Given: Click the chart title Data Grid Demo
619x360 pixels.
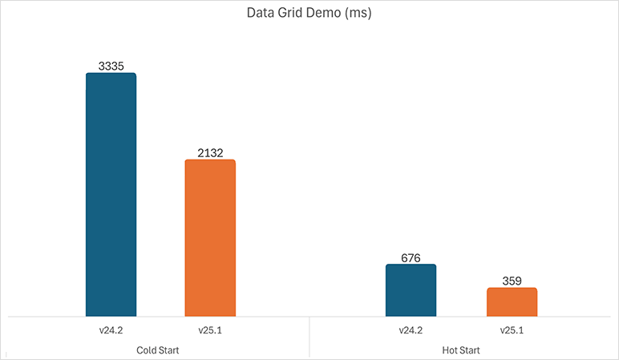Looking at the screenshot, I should [x=309, y=14].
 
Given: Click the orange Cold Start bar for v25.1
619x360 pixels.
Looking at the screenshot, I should [x=210, y=237].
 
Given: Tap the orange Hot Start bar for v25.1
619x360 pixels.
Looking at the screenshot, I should [x=512, y=301].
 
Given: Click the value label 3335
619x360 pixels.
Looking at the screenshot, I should [x=111, y=67].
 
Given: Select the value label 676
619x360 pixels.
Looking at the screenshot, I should [x=411, y=258].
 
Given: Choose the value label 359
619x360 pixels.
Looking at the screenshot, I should [x=512, y=281].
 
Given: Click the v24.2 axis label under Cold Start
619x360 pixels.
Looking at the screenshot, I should [x=111, y=330].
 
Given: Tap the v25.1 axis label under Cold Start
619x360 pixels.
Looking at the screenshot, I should [x=210, y=330].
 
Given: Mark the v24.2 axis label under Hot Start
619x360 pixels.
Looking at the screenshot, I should [x=411, y=330].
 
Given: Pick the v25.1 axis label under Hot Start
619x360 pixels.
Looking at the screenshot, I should [x=512, y=330].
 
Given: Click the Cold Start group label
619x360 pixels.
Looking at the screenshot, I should [x=159, y=350].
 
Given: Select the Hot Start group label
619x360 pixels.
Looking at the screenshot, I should [x=460, y=350].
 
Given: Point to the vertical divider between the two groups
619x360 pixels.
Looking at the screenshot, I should [x=309, y=337].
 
